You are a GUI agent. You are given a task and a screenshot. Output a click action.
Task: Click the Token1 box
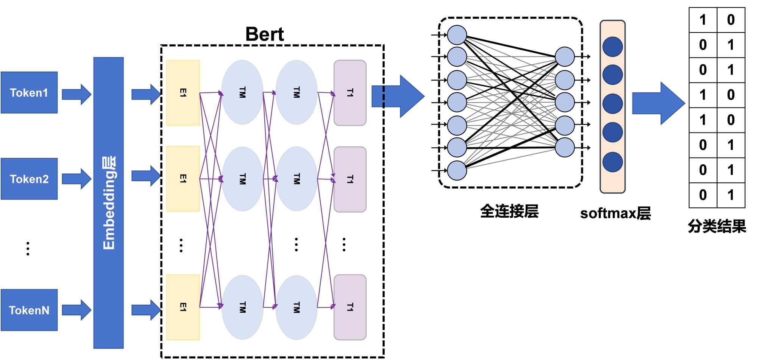pos(29,93)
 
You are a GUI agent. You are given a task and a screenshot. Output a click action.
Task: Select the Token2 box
pos(29,179)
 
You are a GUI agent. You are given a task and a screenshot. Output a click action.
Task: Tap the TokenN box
pos(29,310)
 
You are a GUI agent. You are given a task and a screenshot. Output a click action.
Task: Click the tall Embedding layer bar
pos(109,203)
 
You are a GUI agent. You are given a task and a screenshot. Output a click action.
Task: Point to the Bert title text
pos(264,34)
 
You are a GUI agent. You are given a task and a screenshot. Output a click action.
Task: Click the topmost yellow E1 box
pos(183,93)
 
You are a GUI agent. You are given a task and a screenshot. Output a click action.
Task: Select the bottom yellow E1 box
pos(183,307)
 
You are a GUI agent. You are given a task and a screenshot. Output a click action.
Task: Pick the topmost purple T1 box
pos(350,93)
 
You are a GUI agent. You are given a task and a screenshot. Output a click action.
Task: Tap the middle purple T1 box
pos(350,179)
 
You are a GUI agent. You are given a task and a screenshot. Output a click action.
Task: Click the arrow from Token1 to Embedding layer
pos(76,94)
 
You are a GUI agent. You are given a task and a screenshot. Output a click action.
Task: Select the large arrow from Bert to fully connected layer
pos(398,97)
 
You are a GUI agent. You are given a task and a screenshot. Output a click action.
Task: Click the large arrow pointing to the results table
pos(658,103)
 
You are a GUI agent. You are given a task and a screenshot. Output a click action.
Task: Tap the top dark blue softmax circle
pos(612,47)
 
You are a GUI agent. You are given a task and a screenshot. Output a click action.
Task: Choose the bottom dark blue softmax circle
pos(612,162)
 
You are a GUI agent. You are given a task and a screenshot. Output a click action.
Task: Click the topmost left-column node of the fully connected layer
pos(457,35)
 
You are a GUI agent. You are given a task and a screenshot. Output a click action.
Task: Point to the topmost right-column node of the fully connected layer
pos(565,57)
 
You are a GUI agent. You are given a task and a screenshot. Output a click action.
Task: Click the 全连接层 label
pos(509,211)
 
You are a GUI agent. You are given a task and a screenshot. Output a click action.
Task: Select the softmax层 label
pos(615,214)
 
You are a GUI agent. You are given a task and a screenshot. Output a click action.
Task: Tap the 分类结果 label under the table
pos(717,226)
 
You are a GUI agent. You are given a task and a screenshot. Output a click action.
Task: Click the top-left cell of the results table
pos(703,20)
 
